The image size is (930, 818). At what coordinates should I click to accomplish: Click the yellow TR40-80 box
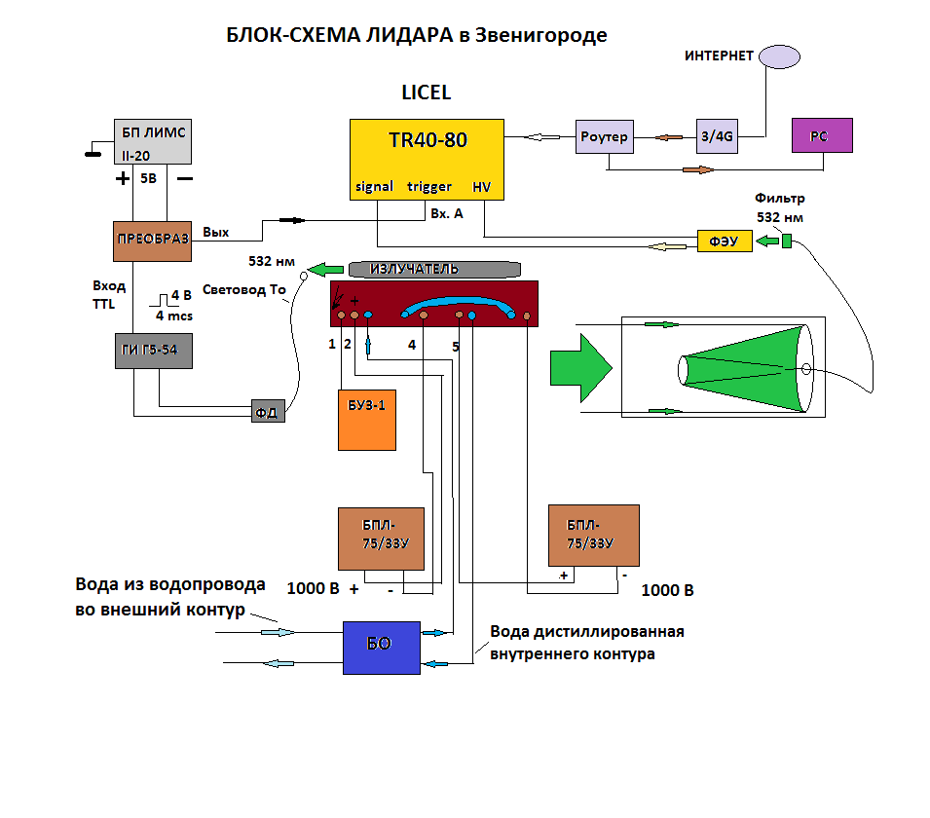pos(427,160)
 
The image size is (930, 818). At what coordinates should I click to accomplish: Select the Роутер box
pos(604,136)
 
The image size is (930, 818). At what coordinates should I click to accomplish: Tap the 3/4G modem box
pos(716,136)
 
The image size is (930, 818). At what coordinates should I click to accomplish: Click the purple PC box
pos(822,135)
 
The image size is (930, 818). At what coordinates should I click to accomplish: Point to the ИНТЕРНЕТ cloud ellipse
pos(785,56)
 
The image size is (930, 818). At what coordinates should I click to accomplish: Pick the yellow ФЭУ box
pos(725,242)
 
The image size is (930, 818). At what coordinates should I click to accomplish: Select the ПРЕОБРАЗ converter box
pos(151,240)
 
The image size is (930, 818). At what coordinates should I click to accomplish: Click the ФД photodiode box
pos(267,411)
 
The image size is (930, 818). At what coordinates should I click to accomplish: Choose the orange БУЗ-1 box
pos(367,420)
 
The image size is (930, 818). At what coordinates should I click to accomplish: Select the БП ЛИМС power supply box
pos(151,141)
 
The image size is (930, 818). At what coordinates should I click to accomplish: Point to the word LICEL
pos(427,93)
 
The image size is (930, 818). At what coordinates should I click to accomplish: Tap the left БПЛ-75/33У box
pos(381,538)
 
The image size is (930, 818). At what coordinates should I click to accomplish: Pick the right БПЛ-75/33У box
pos(593,535)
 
